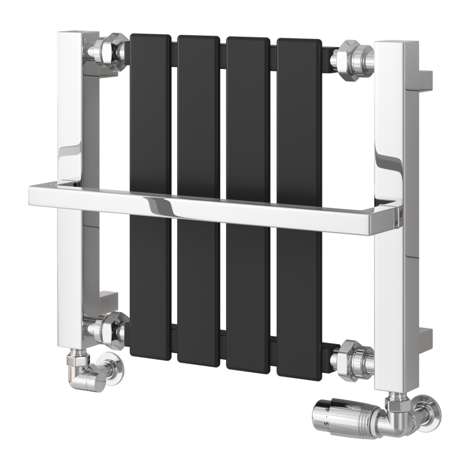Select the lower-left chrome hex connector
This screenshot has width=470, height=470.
[x=105, y=326]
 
